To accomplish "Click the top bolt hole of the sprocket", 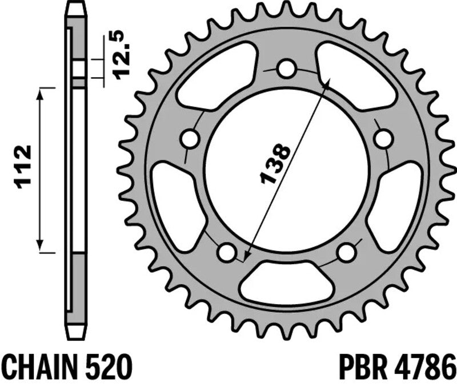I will [286, 69].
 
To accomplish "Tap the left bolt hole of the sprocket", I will [189, 139].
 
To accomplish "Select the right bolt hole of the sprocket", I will [384, 139].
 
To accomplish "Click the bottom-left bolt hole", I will [227, 251].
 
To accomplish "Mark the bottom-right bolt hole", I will [346, 251].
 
